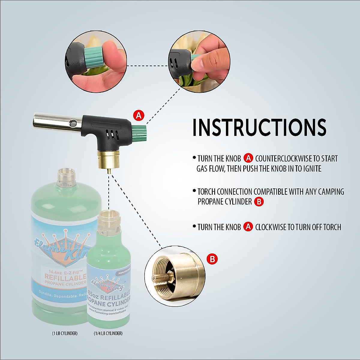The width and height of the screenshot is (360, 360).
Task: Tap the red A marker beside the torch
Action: [139, 115]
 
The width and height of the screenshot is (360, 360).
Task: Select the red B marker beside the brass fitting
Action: [212, 259]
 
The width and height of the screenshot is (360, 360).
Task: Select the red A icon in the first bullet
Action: [248, 158]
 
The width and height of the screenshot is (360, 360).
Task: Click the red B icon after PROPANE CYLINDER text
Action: [259, 202]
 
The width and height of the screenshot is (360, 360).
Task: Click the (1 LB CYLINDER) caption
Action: [64, 333]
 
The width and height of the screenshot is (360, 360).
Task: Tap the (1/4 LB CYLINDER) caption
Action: [108, 333]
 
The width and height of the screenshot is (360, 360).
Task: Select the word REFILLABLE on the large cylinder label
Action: [65, 276]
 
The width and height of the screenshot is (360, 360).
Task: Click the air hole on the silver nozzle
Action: [72, 123]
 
